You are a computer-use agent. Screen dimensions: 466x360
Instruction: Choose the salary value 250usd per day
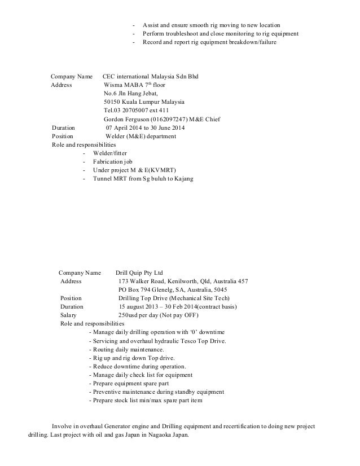tap(142, 315)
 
